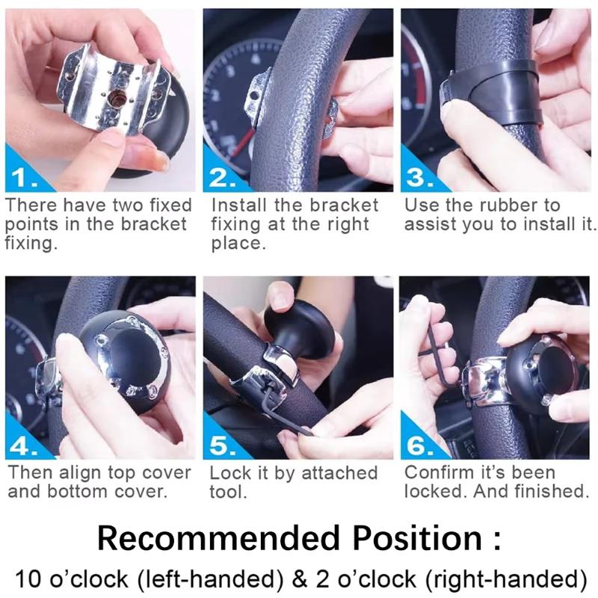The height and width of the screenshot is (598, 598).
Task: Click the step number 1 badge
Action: coord(24,177)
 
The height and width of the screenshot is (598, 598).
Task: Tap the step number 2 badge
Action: coord(222,177)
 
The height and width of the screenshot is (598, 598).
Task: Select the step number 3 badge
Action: coord(419,177)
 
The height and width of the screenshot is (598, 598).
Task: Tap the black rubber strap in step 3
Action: coord(492,92)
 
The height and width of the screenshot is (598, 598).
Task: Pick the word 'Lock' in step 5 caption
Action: coord(228,473)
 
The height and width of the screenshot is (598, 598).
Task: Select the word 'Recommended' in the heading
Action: coord(218,537)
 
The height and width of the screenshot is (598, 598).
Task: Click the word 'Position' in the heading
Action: coord(417,537)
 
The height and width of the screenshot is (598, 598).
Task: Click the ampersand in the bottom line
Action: coord(300,579)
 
